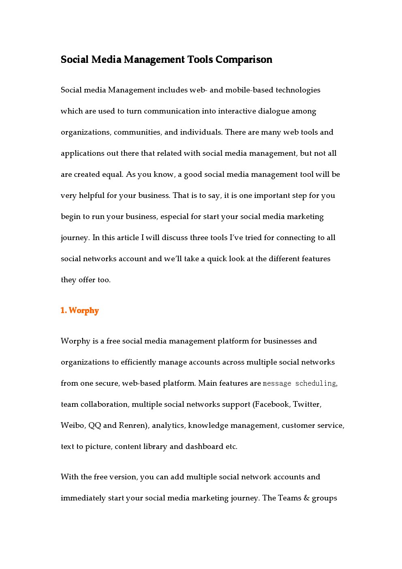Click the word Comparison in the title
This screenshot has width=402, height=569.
244,60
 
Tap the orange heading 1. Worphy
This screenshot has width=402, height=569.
80,311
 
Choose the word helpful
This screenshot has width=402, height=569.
92,195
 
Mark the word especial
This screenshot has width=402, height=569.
174,217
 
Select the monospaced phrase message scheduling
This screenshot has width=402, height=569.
299,384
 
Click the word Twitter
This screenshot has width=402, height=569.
307,404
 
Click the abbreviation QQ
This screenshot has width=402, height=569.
94,425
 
